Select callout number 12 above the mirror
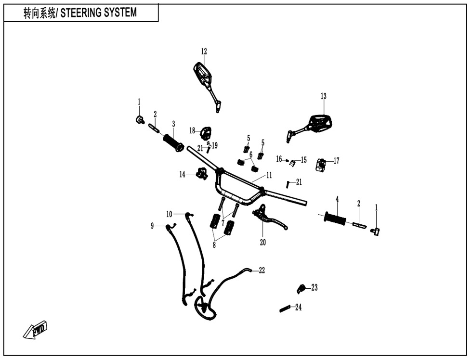pos(204,51)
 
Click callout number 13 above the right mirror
pos(323,96)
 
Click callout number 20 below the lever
pos(263,243)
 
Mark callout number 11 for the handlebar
pos(269,175)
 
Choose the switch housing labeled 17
pos(321,165)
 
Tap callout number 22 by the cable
pos(262,270)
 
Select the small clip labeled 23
pos(301,289)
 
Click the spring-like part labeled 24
pos(285,309)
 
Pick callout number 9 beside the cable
pos(152,226)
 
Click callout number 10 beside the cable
pos(169,214)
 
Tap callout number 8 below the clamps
pos(214,245)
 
